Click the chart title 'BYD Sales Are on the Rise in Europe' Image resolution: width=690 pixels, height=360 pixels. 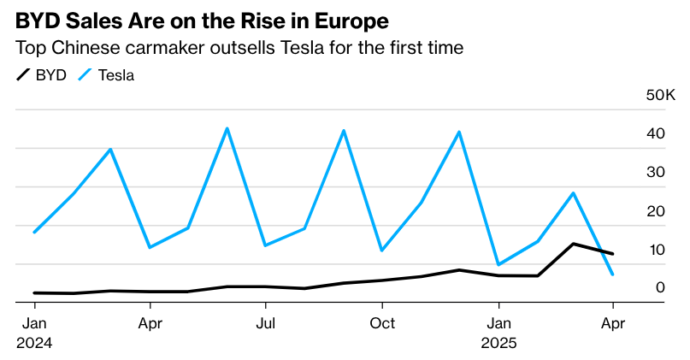point(202,20)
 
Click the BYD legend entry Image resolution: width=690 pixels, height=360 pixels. point(42,75)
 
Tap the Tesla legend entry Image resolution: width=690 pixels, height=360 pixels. point(107,75)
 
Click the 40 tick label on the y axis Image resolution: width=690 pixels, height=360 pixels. point(656,133)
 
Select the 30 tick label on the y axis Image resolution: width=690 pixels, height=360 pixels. point(656,172)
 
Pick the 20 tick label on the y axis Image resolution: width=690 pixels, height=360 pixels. point(656,211)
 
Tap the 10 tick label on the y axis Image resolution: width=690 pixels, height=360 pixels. point(656,250)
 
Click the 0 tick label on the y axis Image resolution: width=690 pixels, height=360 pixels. point(660,288)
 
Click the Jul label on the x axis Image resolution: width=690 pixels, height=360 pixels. point(266,323)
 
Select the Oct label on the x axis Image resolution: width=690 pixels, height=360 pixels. point(382,323)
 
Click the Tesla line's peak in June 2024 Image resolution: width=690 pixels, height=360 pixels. point(227,128)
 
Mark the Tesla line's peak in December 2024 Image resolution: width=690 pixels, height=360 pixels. point(459,132)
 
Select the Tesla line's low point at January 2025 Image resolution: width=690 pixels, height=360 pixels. point(498,264)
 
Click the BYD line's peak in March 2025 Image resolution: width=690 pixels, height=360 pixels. point(574,244)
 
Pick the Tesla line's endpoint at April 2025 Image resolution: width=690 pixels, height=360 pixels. point(612,274)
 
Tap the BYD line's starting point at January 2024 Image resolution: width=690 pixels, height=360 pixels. point(34,292)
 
